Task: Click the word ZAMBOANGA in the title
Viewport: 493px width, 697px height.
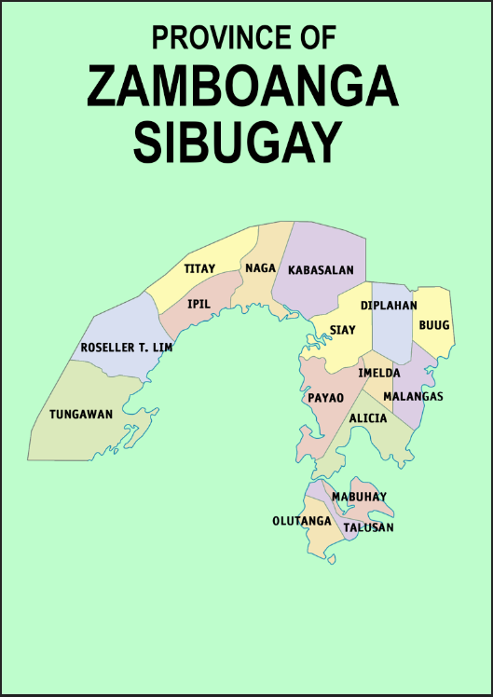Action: click(243, 89)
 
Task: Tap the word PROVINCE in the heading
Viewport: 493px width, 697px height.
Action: click(217, 37)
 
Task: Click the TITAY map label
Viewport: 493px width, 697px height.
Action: click(199, 268)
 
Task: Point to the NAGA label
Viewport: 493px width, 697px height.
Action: click(261, 268)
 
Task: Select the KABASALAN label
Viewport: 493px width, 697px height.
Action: click(321, 270)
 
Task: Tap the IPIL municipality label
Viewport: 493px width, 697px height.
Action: click(199, 304)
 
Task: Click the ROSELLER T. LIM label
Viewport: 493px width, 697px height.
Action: click(127, 348)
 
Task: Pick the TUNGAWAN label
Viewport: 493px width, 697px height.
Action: click(81, 414)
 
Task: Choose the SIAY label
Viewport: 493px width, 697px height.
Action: click(343, 330)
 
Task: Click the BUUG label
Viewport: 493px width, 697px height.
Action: click(434, 325)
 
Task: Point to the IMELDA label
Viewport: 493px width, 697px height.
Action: click(379, 373)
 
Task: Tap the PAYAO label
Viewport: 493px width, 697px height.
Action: click(326, 398)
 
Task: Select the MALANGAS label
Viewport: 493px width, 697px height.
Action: click(413, 397)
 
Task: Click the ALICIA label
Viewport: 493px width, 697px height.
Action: click(368, 418)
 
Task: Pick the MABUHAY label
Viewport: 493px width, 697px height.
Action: click(359, 497)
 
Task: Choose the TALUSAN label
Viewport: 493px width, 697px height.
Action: click(368, 527)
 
